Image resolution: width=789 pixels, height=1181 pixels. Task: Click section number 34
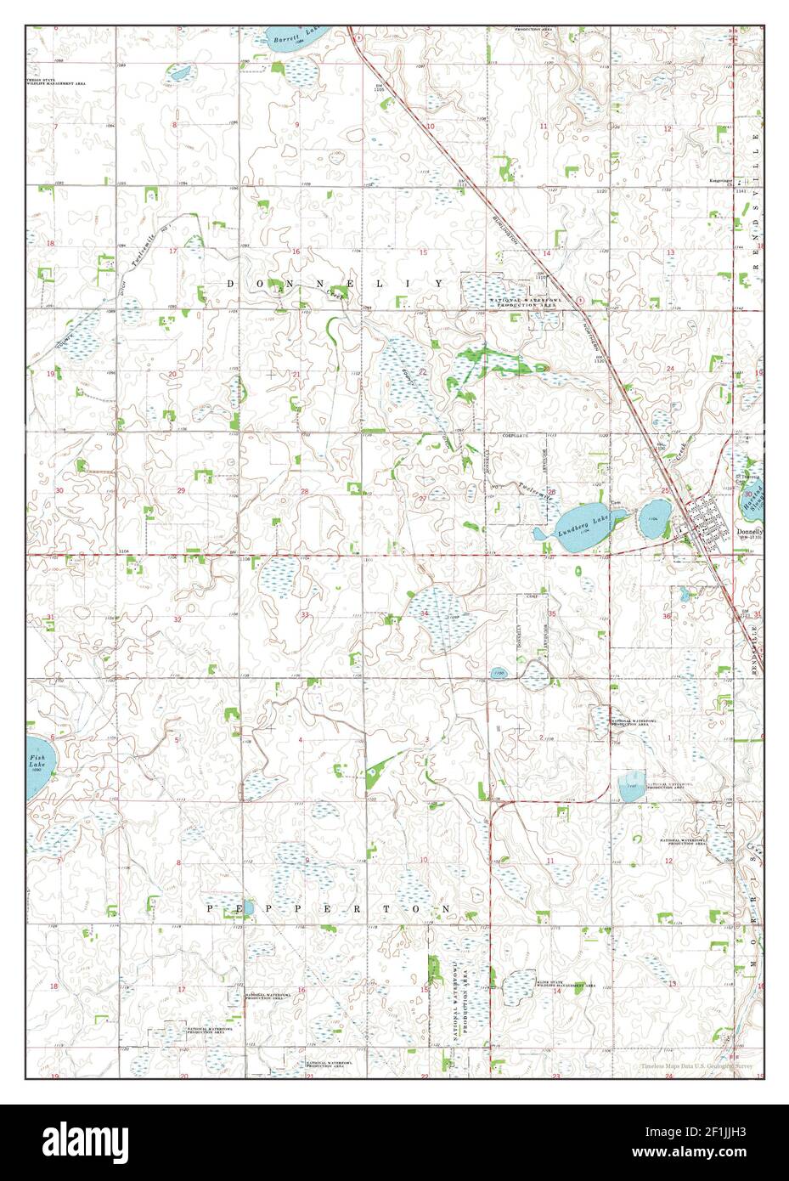[x=424, y=613]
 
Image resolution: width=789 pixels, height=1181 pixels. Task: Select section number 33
[x=304, y=615]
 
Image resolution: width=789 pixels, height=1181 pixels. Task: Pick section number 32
[x=177, y=620]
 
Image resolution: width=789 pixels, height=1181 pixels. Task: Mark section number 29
[x=181, y=491]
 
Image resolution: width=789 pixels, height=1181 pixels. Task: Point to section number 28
[x=304, y=491]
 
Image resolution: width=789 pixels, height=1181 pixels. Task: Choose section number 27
[x=422, y=498]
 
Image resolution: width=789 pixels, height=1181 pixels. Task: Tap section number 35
[x=551, y=613]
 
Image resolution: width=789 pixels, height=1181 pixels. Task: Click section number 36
[x=667, y=616]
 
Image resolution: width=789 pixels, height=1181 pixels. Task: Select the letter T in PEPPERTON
[x=386, y=908]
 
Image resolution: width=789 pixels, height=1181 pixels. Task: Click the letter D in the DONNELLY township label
[x=232, y=282]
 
